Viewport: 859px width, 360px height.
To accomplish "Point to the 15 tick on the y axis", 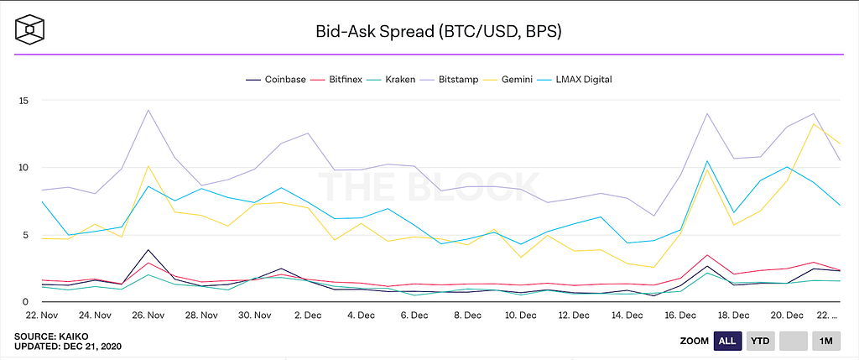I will (x=23, y=101).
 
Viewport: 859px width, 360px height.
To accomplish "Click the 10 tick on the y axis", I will (x=23, y=168).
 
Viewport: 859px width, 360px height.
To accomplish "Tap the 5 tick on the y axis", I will (x=26, y=235).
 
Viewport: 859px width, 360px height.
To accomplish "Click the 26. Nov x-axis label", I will (x=148, y=316).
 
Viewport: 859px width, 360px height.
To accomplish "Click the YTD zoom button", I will (x=760, y=342).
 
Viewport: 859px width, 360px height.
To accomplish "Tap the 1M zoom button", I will (x=827, y=342).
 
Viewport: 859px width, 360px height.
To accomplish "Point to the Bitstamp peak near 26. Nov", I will (x=148, y=110).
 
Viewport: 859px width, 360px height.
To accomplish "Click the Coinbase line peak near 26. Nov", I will (x=148, y=250).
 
